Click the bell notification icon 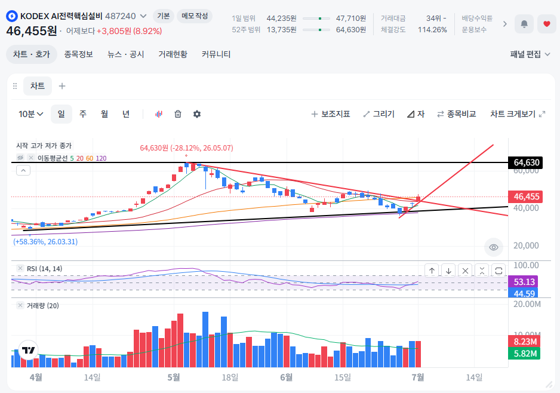[x=524, y=24]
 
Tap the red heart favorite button [x=547, y=24]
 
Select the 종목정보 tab [x=79, y=54]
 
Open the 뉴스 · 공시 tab [x=126, y=54]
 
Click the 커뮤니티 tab [x=216, y=54]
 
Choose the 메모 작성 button [x=195, y=16]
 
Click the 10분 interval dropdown [x=30, y=114]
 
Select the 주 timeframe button [x=83, y=114]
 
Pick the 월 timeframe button [x=104, y=114]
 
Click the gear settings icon [x=197, y=114]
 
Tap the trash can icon [x=178, y=114]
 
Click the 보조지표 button [x=331, y=114]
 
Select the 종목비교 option [x=457, y=114]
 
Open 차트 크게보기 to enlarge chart [x=518, y=114]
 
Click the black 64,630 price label [x=526, y=162]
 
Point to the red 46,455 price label [x=526, y=196]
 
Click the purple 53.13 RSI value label [x=523, y=281]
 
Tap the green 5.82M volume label [x=524, y=354]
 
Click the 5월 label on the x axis [x=174, y=377]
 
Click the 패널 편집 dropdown [x=530, y=54]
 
